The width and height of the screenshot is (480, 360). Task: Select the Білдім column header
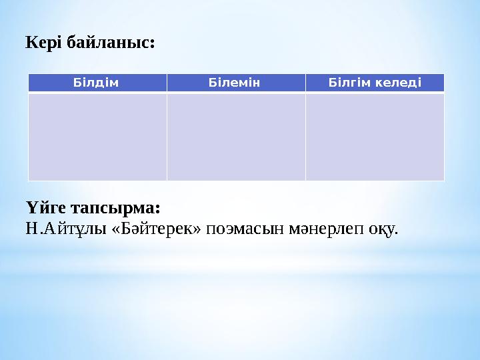97,83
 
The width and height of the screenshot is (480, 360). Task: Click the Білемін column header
236,83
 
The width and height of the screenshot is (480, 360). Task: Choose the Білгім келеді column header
375,83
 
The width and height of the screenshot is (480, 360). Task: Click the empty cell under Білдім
97,137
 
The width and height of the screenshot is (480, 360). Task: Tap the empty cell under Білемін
236,137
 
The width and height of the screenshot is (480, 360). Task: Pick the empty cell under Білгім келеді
375,137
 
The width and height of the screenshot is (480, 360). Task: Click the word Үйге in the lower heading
45,203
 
